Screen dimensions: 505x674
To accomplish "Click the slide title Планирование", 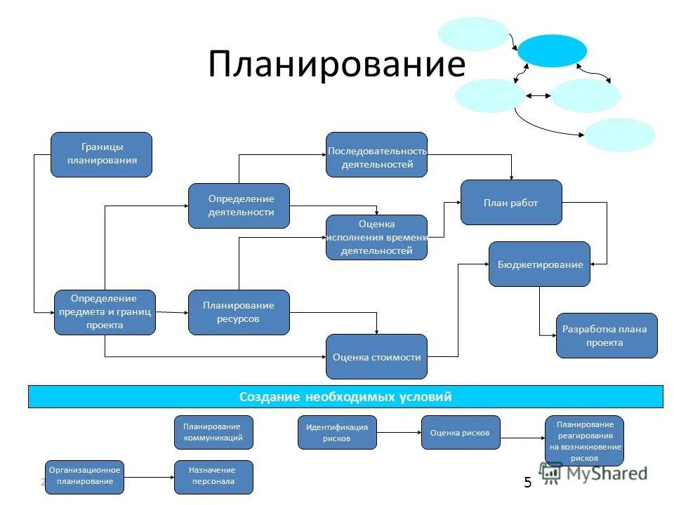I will click(x=336, y=65).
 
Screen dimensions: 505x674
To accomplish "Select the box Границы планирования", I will click(x=101, y=154).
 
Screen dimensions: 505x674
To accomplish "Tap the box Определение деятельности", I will click(x=239, y=206).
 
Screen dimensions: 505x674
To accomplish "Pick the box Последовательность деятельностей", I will click(x=376, y=154).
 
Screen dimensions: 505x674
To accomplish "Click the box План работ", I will click(x=511, y=202).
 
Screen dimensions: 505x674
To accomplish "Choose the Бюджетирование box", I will click(x=539, y=264).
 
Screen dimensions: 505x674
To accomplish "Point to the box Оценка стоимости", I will click(x=376, y=356).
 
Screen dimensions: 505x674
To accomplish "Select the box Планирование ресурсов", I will click(x=239, y=311).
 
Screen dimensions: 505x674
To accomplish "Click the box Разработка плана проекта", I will click(x=607, y=335).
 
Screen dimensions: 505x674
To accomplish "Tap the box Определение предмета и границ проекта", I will click(x=105, y=311).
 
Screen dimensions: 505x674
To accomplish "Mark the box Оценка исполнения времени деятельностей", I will click(x=376, y=237).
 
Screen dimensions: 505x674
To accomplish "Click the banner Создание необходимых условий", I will click(x=345, y=396).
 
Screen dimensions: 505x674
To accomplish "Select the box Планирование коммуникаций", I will click(x=213, y=432).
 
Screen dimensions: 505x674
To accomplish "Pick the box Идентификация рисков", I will click(x=337, y=432).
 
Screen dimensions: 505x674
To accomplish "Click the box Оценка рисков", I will click(x=455, y=432).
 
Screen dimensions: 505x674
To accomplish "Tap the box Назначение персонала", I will click(x=213, y=477).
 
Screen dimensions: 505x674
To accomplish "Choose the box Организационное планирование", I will click(x=85, y=477).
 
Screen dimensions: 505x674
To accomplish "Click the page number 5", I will click(x=528, y=483).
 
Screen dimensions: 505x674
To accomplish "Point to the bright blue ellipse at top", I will click(x=552, y=50).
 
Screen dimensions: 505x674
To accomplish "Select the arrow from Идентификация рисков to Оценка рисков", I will click(x=399, y=432).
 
